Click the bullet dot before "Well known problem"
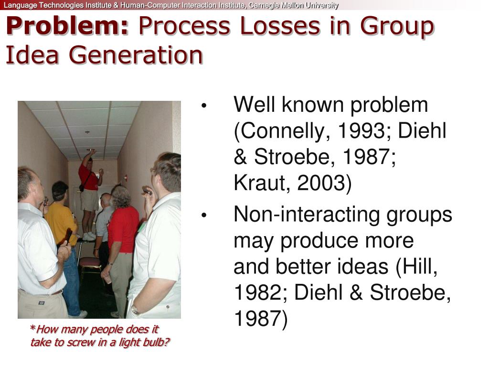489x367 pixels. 204,106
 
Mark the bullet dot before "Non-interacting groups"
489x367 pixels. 204,216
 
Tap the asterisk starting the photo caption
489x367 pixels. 32,329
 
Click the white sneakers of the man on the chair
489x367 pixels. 89,236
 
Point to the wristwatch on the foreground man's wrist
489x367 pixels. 135,310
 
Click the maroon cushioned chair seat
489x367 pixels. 90,261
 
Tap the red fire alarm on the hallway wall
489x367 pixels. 125,178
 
